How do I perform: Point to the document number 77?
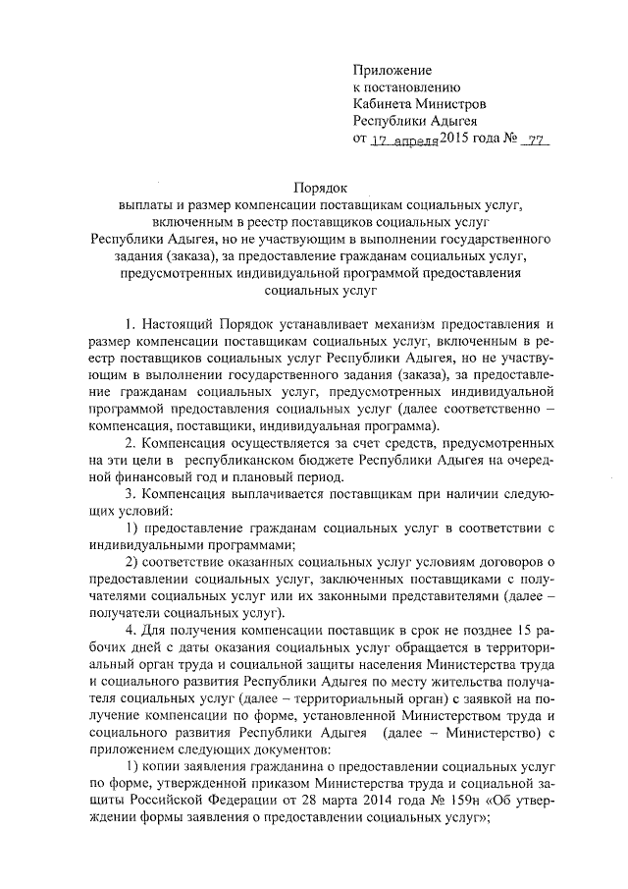click(535, 140)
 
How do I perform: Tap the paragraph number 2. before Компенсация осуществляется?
click(131, 443)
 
